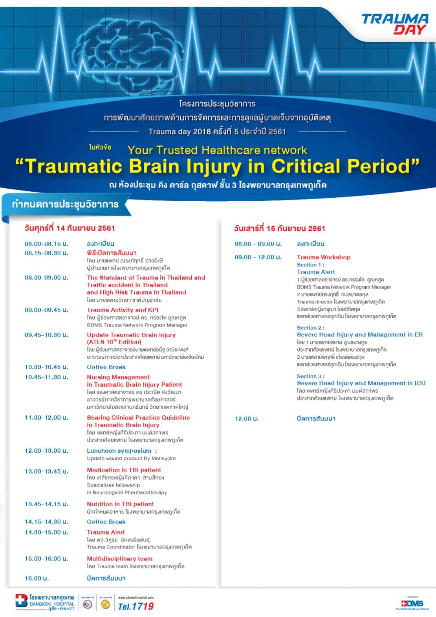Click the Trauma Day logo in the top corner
tap(394, 24)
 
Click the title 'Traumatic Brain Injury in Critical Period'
tap(217, 166)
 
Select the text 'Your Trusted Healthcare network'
tap(217, 150)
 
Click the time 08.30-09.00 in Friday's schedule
tap(46, 277)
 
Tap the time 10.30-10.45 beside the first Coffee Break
tap(46, 367)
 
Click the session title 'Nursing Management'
tap(118, 377)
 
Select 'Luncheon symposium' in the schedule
tap(119, 451)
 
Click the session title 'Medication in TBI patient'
tap(124, 470)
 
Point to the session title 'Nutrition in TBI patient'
tap(120, 504)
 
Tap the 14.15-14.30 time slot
tap(46, 522)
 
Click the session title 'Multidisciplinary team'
tap(119, 559)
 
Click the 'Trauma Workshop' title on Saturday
tap(323, 257)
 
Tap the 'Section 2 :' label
tap(310, 328)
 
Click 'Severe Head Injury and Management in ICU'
tap(361, 383)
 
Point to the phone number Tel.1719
tap(136, 606)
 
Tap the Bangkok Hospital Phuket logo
tap(45, 602)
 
